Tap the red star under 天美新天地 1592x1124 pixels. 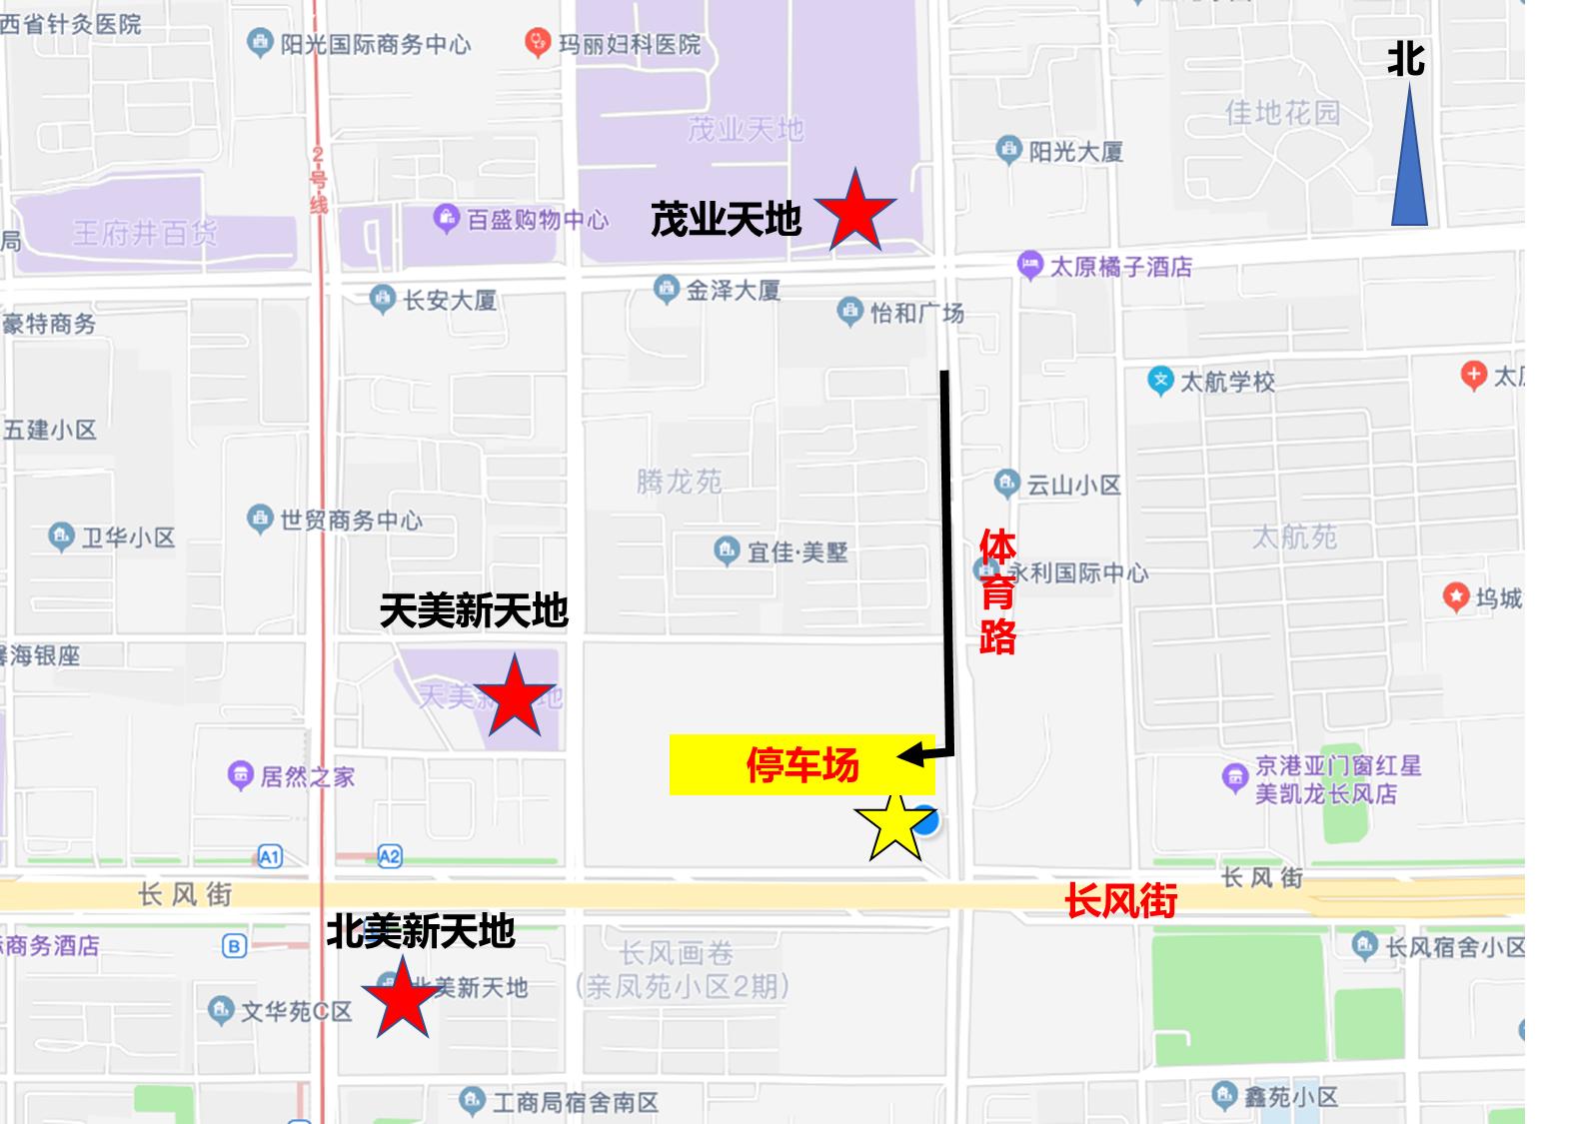click(x=514, y=696)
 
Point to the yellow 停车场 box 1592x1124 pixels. click(x=801, y=765)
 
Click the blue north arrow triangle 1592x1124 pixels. click(x=1409, y=160)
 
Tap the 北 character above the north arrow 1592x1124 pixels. click(x=1405, y=60)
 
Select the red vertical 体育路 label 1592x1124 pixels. click(x=997, y=591)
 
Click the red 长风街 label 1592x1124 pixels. click(x=1120, y=900)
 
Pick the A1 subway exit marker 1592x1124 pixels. click(x=270, y=856)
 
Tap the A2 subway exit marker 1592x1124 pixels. click(x=390, y=856)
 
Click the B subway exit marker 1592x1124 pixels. click(x=234, y=946)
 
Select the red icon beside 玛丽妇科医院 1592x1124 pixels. click(x=538, y=43)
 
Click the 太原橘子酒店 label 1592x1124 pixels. click(x=1120, y=267)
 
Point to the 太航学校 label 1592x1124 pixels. click(x=1227, y=382)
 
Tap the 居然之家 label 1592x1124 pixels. click(x=307, y=776)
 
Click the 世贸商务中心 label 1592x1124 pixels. click(x=351, y=520)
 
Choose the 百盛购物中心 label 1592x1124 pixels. click(x=537, y=219)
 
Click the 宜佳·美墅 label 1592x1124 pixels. click(x=796, y=552)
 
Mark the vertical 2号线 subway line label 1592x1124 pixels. click(x=319, y=180)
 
